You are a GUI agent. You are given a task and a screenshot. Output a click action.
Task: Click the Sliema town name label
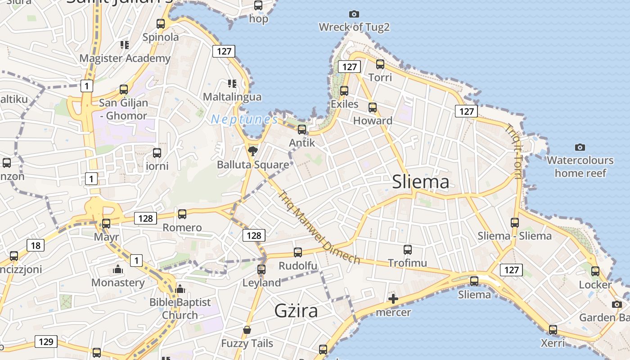420,182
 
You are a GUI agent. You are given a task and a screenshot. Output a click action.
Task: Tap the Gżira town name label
296,311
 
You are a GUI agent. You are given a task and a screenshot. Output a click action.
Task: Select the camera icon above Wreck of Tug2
354,14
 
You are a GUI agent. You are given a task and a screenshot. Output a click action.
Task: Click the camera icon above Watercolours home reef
580,147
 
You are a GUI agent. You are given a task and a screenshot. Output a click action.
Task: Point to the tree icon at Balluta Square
253,151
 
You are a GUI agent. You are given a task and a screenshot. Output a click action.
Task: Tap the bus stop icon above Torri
380,64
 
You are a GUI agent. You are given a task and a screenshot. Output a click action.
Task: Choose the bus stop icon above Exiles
344,91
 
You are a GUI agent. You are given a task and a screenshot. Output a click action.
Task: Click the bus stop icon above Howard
373,108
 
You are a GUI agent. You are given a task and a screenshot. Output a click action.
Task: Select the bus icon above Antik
302,130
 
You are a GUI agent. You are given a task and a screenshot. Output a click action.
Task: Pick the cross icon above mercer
393,299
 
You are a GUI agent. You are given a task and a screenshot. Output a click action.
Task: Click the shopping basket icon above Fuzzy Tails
247,330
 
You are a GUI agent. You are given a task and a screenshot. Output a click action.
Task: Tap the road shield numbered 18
36,245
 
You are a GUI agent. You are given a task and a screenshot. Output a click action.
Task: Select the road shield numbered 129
46,342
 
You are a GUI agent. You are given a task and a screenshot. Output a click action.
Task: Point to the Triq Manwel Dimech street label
319,228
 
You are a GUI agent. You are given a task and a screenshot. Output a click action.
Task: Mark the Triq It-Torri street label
513,151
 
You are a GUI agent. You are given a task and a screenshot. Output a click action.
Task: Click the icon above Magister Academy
125,45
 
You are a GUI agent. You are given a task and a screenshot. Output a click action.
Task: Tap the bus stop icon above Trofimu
408,250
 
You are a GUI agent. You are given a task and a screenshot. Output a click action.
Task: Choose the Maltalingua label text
232,97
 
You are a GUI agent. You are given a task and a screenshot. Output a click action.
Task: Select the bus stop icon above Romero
182,214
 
